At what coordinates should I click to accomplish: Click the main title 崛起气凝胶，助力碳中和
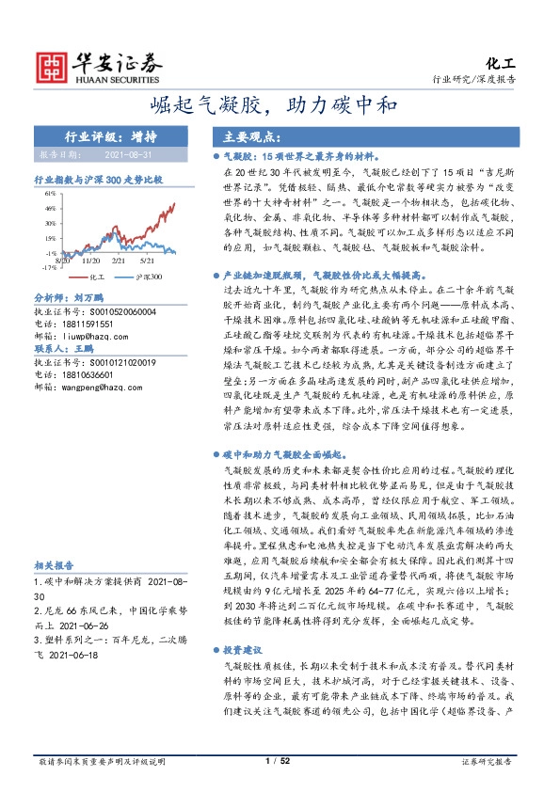coord(280,104)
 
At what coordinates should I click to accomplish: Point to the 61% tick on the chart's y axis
coord(51,194)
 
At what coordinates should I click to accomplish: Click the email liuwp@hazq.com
coord(83,335)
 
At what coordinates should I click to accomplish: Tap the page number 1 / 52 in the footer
coord(279,760)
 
